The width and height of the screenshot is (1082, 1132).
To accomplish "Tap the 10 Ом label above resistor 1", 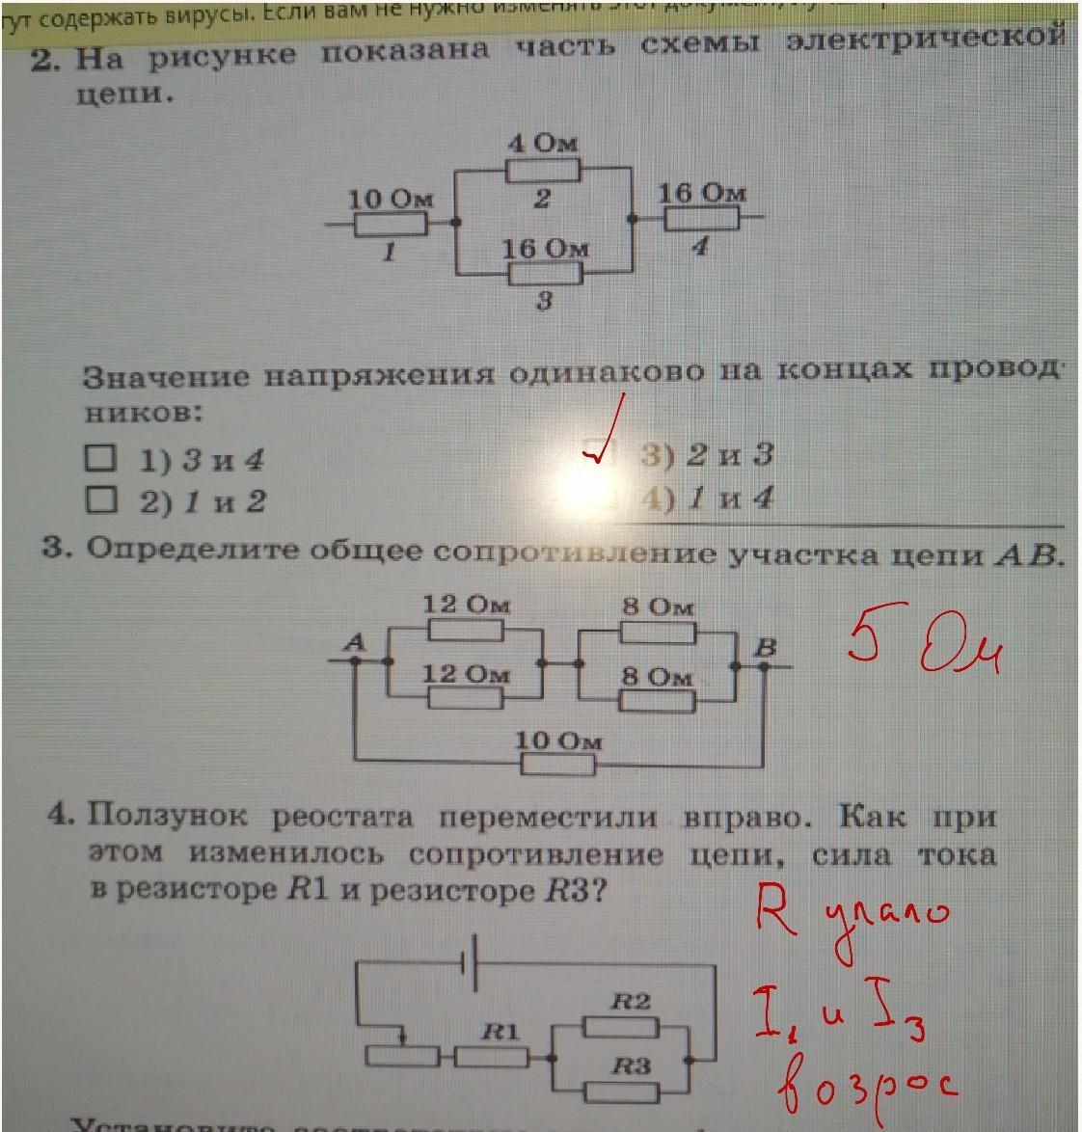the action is click(391, 200).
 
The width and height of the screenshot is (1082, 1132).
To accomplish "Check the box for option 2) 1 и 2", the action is click(99, 499).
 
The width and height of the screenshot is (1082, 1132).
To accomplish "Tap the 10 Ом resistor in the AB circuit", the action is click(558, 766).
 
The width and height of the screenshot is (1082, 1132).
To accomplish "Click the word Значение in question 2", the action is click(165, 376).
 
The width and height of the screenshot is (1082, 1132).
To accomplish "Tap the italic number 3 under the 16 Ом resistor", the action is click(544, 300).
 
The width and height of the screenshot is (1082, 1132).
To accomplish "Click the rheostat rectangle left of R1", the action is click(403, 1057).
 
